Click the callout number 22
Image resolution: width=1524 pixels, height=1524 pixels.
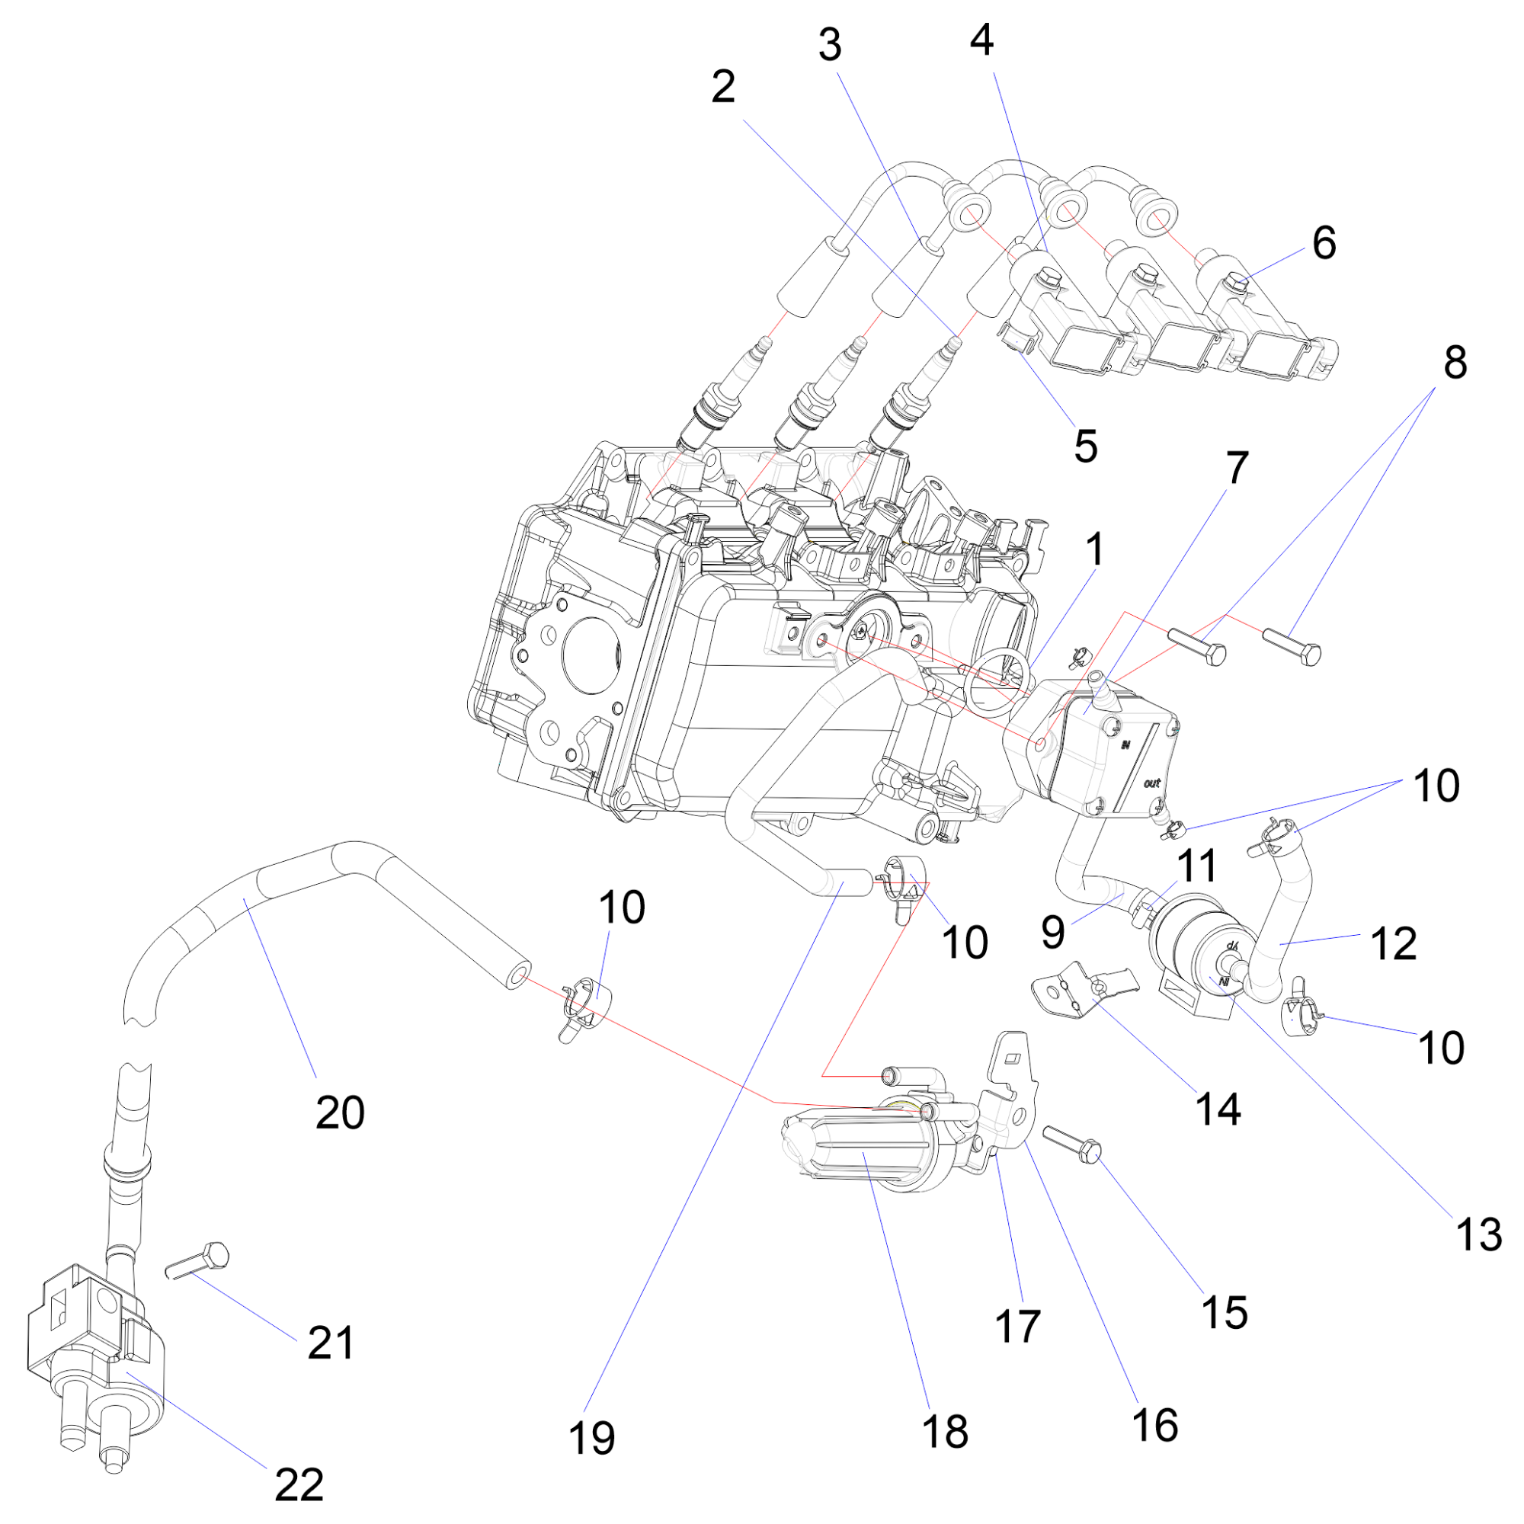[x=299, y=1484]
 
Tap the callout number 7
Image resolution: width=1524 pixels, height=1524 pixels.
[x=1237, y=468]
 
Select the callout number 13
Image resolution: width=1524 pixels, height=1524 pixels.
[x=1479, y=1234]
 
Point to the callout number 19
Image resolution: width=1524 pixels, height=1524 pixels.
[x=591, y=1437]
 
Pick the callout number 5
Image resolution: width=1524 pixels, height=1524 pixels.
[x=1085, y=447]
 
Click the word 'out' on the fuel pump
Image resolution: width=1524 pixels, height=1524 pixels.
[x=1151, y=783]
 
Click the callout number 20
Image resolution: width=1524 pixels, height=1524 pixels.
[x=340, y=1113]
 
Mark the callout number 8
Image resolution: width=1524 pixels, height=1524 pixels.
[x=1455, y=363]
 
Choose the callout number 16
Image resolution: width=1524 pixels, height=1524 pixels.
[x=1155, y=1425]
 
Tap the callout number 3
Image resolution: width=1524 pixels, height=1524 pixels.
[x=829, y=45]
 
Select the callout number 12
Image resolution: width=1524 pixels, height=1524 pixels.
[x=1394, y=943]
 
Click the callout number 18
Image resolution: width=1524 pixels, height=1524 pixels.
[x=945, y=1431]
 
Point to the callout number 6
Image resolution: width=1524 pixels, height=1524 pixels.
[x=1324, y=242]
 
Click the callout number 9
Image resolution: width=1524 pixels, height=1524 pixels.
[x=1053, y=932]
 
